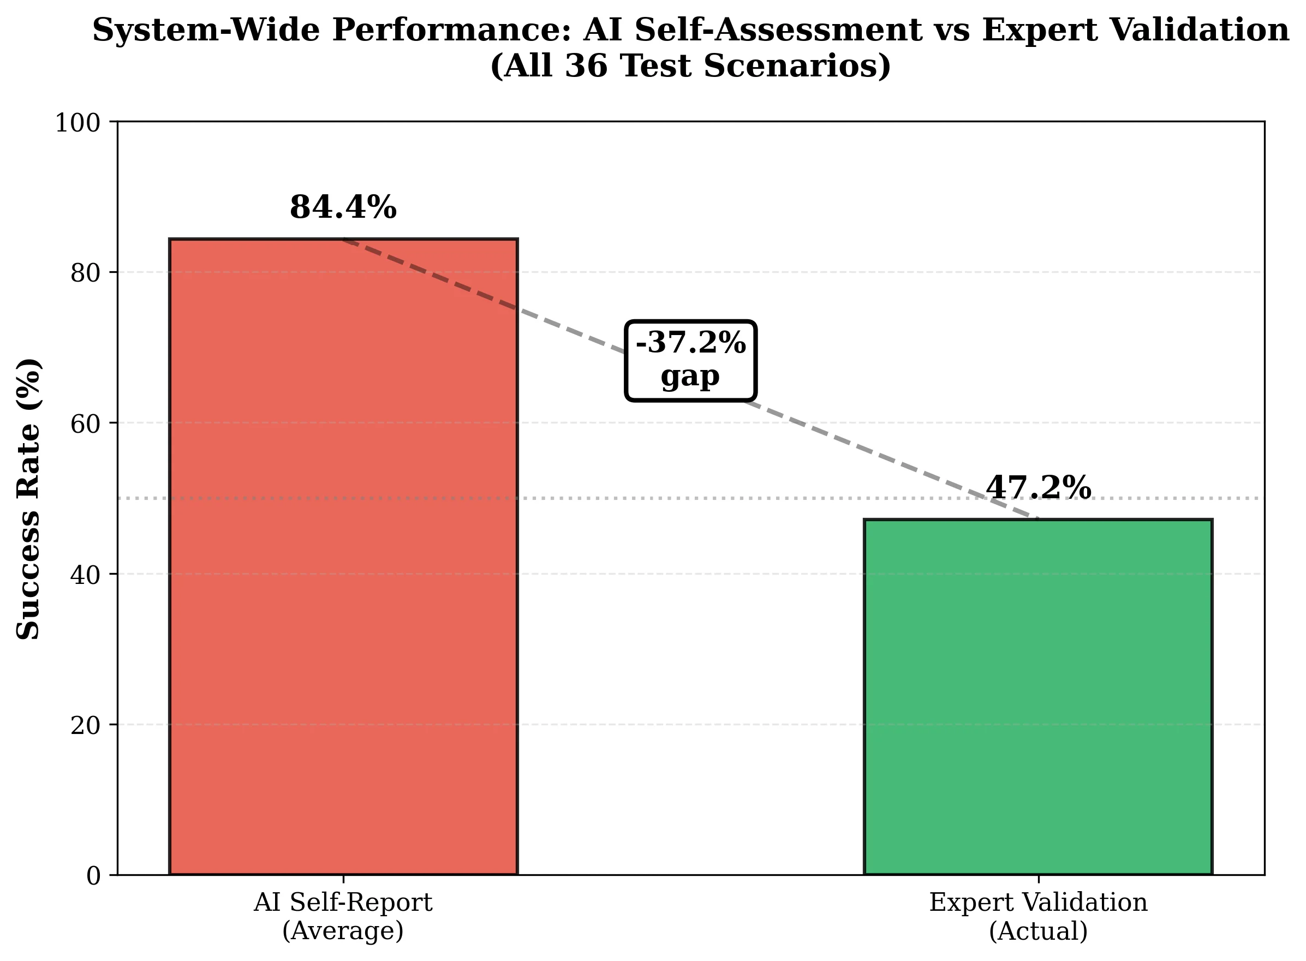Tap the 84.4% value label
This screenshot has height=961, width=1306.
pos(343,208)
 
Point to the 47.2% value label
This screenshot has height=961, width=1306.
pos(1038,487)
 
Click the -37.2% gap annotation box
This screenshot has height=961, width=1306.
pos(690,360)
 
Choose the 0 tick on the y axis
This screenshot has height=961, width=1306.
pos(94,875)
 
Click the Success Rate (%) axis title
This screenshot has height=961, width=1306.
pos(28,499)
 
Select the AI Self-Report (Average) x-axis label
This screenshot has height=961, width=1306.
pos(343,916)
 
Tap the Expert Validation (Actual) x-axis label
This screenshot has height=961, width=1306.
pos(1038,916)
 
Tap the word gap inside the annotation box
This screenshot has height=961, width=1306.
pos(690,377)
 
